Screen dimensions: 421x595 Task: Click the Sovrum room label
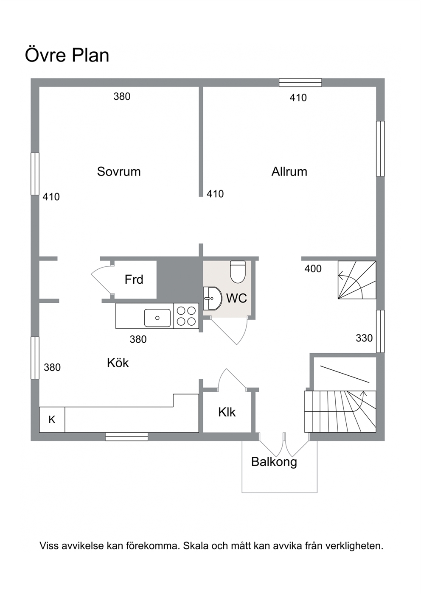[x=118, y=172]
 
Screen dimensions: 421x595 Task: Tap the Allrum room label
[x=289, y=172]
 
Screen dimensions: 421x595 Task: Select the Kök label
[x=118, y=363]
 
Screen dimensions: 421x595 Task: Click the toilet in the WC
[x=238, y=272]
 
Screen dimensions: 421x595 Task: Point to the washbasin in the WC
[x=212, y=298]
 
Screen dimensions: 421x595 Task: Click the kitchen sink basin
[x=157, y=318]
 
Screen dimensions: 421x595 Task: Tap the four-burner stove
[x=186, y=316]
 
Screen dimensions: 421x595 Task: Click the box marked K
[x=52, y=419]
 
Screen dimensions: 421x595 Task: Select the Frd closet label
[x=134, y=279]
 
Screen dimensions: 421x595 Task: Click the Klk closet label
[x=227, y=412]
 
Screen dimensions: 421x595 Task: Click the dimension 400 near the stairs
[x=313, y=269]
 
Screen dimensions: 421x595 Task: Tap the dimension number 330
[x=364, y=338]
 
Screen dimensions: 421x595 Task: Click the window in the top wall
[x=300, y=83]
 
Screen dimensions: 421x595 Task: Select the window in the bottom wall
[x=126, y=437]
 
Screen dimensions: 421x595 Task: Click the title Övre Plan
[x=67, y=55]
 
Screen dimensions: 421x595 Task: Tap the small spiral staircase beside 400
[x=357, y=280]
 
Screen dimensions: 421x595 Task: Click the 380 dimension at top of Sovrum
[x=122, y=96]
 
